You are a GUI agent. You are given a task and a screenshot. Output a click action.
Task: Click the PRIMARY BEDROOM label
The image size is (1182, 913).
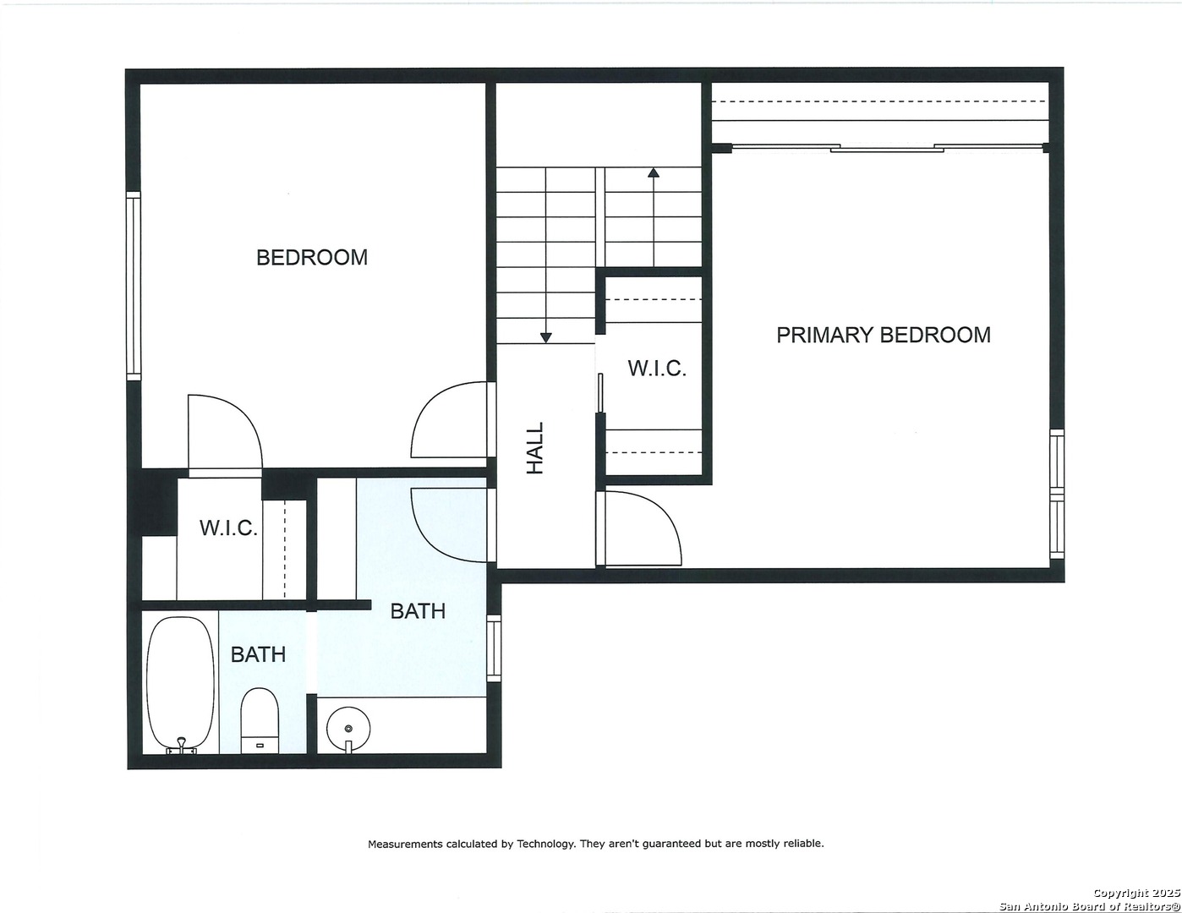pyautogui.click(x=883, y=335)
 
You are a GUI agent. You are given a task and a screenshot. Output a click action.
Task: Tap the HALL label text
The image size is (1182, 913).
pyautogui.click(x=535, y=448)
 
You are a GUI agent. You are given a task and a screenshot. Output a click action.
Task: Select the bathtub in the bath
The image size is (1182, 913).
pyautogui.click(x=181, y=685)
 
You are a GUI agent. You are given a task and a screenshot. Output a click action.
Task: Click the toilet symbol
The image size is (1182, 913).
pyautogui.click(x=260, y=720)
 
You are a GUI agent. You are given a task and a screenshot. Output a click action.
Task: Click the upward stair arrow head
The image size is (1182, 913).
pyautogui.click(x=654, y=172)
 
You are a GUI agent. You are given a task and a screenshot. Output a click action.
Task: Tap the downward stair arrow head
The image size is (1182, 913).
pyautogui.click(x=545, y=337)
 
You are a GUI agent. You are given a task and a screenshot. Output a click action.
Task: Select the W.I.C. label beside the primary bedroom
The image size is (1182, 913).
pyautogui.click(x=657, y=368)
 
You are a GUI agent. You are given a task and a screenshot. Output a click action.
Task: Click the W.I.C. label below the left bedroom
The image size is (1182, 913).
pyautogui.click(x=228, y=528)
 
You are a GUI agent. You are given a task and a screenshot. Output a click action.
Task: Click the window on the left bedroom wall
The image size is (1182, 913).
pyautogui.click(x=134, y=286)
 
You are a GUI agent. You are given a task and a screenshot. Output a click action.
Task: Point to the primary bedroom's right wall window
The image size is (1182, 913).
pyautogui.click(x=1056, y=494)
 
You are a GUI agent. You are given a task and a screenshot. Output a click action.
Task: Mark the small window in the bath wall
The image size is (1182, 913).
pyautogui.click(x=494, y=648)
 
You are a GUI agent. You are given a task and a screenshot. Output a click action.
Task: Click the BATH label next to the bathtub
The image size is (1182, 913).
pyautogui.click(x=258, y=654)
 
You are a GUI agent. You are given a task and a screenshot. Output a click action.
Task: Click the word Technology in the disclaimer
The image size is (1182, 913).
pyautogui.click(x=545, y=844)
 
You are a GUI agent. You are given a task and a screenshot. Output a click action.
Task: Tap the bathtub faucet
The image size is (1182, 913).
pyautogui.click(x=181, y=746)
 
